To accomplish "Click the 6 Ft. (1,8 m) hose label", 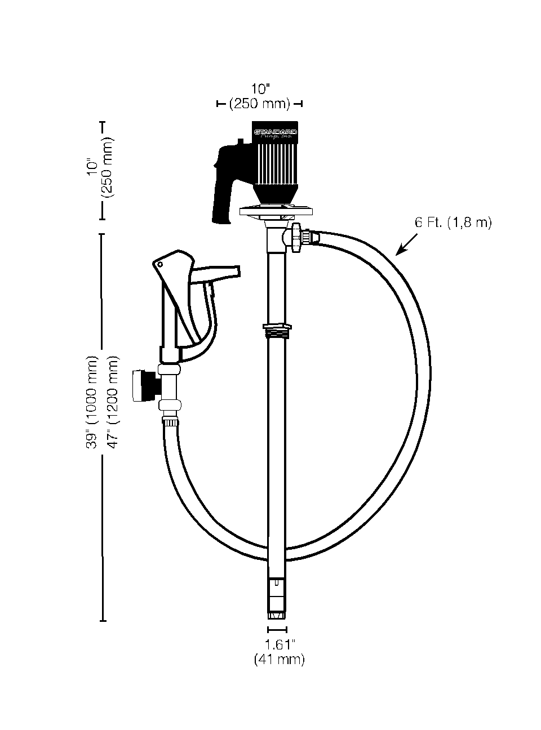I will click(x=453, y=223).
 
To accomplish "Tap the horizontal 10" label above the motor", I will click(x=260, y=89).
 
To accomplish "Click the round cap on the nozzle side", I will click(x=138, y=386).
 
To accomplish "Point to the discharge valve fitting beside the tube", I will click(x=298, y=236).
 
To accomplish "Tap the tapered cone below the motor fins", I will click(x=274, y=195).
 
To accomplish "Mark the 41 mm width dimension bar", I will click(x=277, y=629).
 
